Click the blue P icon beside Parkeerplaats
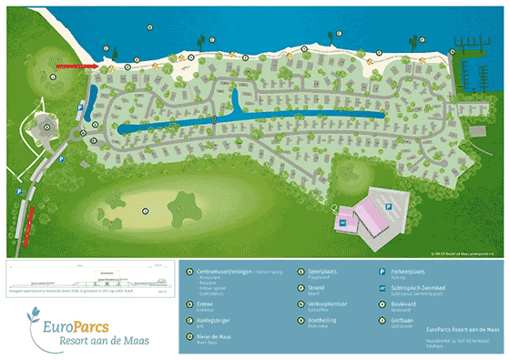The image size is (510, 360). pyautogui.click(x=382, y=272)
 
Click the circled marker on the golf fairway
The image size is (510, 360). pyautogui.click(x=146, y=211)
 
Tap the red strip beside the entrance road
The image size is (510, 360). pyautogui.click(x=33, y=215)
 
